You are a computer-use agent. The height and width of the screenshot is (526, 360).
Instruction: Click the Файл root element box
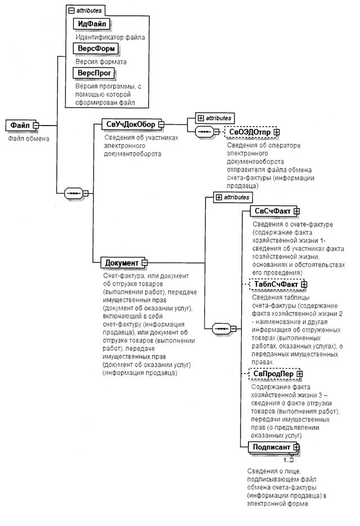(21, 125)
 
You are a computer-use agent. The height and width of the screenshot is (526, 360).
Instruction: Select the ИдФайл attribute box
(91, 24)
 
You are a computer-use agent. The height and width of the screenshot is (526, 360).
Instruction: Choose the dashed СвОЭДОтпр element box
(250, 132)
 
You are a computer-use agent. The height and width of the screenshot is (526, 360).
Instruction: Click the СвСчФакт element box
(271, 211)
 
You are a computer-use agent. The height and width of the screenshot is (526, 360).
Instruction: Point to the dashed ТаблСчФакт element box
(273, 284)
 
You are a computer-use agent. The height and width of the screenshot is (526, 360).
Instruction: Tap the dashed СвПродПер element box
(273, 373)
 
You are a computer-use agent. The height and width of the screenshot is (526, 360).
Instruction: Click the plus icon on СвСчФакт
(296, 211)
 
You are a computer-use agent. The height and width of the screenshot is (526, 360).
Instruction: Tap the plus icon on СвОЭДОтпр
(277, 132)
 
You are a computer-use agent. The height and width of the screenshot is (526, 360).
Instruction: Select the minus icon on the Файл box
(35, 125)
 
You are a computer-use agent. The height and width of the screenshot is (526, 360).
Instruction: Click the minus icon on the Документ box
(144, 262)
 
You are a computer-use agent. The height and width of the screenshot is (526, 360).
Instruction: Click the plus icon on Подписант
(295, 447)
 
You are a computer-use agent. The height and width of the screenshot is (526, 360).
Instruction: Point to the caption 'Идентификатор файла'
(110, 37)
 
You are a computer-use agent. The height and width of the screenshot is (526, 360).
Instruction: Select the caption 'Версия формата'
(101, 61)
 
